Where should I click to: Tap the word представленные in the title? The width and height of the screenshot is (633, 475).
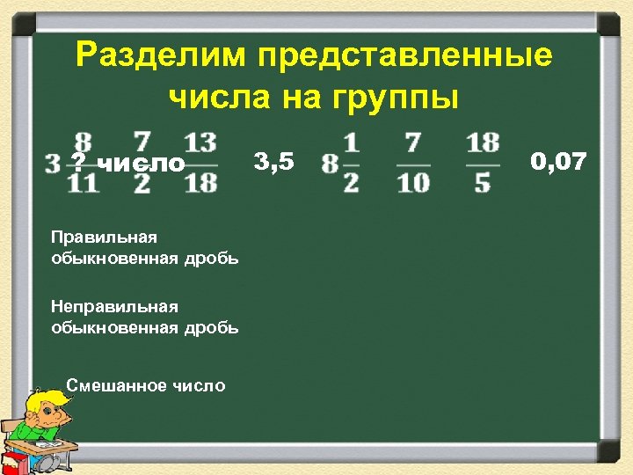click(405, 55)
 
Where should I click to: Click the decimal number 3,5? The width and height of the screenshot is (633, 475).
click(274, 161)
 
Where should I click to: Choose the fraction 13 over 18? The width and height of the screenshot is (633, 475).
click(201, 163)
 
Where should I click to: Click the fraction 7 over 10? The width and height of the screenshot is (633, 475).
click(413, 163)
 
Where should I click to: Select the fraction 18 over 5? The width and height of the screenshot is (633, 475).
click(483, 163)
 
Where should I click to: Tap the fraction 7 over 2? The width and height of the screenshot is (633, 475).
click(142, 163)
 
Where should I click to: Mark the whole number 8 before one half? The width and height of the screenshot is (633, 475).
click(330, 164)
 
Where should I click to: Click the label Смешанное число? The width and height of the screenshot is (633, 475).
click(146, 385)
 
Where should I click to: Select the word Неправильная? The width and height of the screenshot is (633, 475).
click(114, 307)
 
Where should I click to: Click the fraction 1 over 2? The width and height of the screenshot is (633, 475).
click(352, 163)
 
